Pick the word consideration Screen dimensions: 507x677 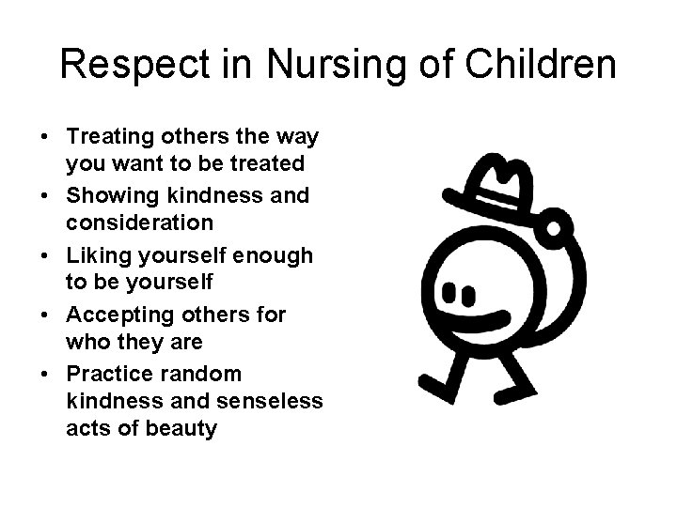pyautogui.click(x=139, y=223)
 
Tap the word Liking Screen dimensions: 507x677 pyautogui.click(x=94, y=255)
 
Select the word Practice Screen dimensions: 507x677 pyautogui.click(x=108, y=374)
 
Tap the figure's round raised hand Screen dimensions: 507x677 pyautogui.click(x=554, y=227)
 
